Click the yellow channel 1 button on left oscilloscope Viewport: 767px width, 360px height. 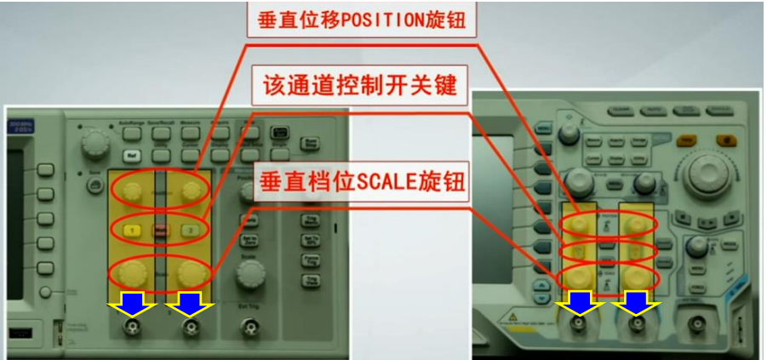click(132, 230)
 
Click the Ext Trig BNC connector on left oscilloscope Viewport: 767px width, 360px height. click(249, 329)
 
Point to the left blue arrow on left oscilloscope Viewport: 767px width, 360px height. click(132, 301)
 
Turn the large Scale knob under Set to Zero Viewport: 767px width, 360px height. click(249, 273)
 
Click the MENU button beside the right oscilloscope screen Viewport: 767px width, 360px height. click(545, 128)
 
